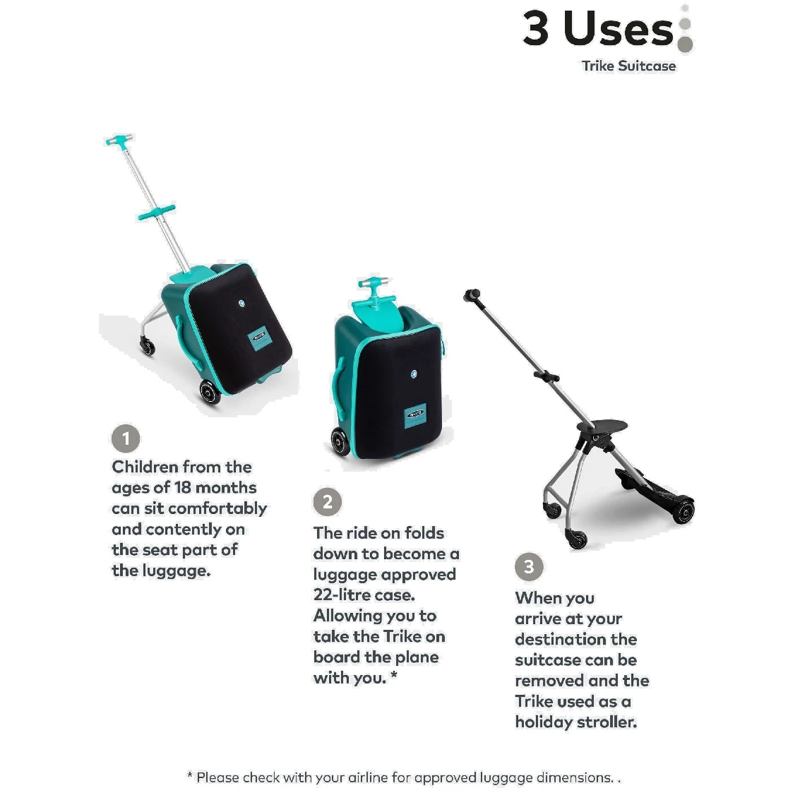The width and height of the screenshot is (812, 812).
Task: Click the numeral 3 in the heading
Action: click(535, 28)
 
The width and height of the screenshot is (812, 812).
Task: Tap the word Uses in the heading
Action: click(619, 28)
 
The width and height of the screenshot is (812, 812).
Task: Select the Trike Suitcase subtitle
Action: click(628, 66)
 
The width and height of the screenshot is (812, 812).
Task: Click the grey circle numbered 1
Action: click(126, 438)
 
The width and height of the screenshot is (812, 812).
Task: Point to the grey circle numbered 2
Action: click(328, 502)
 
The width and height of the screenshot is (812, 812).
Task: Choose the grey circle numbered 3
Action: click(529, 566)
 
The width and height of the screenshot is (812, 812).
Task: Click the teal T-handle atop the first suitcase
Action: click(119, 141)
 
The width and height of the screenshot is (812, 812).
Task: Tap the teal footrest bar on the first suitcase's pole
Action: click(156, 212)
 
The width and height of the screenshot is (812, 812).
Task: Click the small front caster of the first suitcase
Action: click(148, 345)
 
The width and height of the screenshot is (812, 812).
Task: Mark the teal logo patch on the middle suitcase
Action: click(415, 414)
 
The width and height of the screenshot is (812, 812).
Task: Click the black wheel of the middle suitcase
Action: click(341, 442)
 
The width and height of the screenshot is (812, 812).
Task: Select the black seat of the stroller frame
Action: click(602, 426)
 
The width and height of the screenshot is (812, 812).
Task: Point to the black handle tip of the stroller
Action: click(472, 296)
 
